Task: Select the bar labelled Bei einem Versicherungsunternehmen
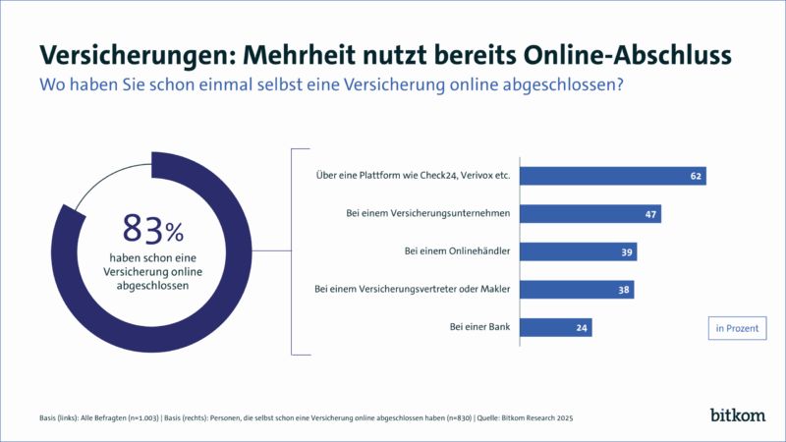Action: click(589, 213)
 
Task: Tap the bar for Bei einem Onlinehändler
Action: click(578, 251)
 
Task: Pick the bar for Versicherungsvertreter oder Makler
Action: click(576, 289)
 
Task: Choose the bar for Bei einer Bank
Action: click(555, 327)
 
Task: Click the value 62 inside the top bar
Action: click(696, 176)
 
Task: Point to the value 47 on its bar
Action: click(650, 213)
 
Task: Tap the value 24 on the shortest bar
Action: click(582, 327)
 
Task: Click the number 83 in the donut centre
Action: click(140, 229)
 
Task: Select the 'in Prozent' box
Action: click(737, 328)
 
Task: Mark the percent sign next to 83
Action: click(175, 233)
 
